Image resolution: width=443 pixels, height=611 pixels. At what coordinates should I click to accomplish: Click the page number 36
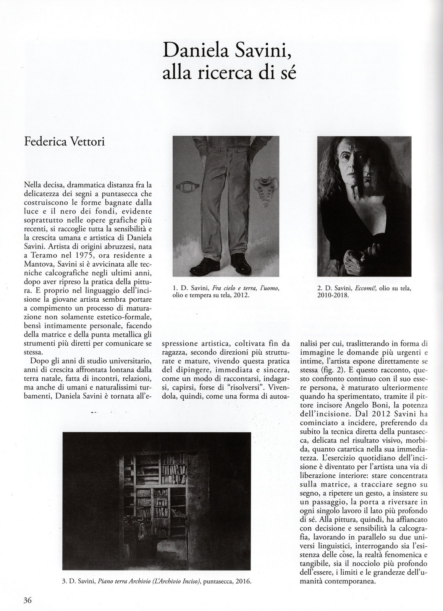click(x=27, y=600)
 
